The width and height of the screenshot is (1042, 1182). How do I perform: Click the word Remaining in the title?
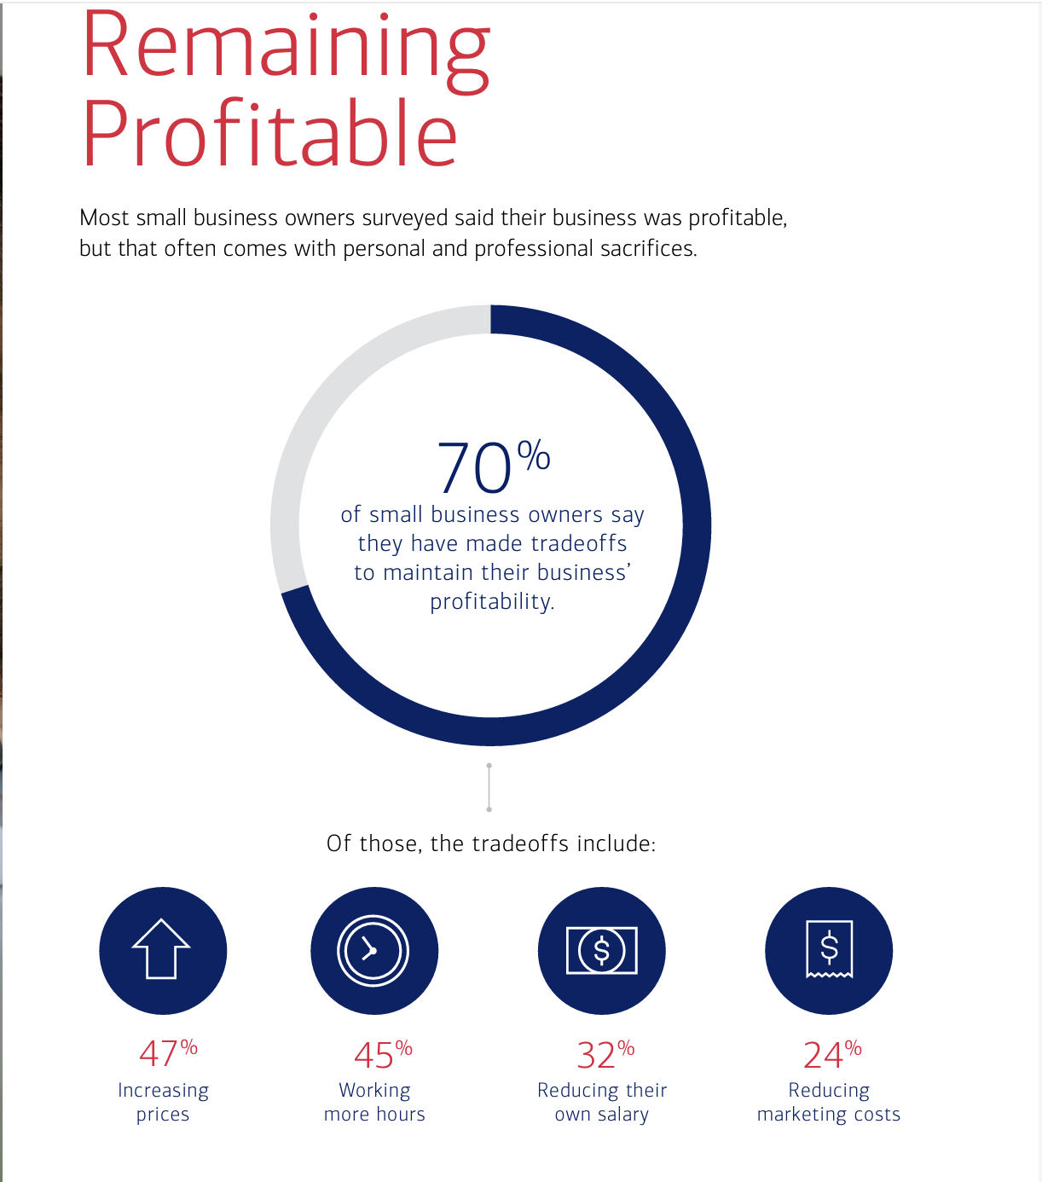pos(285,49)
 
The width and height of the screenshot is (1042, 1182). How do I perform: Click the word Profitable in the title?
pos(269,135)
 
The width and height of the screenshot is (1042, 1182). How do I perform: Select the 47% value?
pos(167,1054)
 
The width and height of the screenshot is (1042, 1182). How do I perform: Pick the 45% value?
pos(382,1054)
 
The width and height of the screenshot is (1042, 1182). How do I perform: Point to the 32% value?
pos(605,1054)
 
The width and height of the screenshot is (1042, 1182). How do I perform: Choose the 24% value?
pos(831,1054)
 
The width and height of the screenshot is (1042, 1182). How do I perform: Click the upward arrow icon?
pos(162,950)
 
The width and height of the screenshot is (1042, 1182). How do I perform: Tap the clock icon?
pos(373,950)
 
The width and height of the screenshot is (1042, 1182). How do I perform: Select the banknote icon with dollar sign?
pos(602,950)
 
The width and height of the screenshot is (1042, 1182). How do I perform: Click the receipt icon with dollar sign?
pos(829,949)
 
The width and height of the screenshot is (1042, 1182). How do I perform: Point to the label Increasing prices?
pos(163,1102)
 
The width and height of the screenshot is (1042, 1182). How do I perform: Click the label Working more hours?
pos(374,1102)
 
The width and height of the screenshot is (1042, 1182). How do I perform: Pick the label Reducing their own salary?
pos(602,1102)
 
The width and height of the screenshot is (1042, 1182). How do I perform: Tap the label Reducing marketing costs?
pos(829,1102)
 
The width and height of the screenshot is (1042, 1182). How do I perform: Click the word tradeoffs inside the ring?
pos(578,543)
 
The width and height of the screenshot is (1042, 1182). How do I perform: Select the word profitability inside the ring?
pos(491,602)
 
